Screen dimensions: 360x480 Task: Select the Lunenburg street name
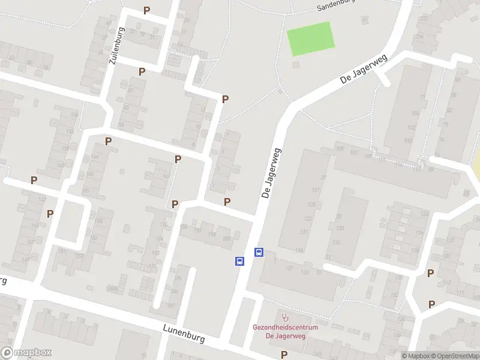[x=184, y=334]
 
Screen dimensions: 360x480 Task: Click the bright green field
[x=310, y=38]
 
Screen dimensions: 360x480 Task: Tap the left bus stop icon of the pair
[x=239, y=261]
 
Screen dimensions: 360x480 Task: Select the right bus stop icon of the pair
[x=259, y=252]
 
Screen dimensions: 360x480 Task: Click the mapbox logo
[x=26, y=353]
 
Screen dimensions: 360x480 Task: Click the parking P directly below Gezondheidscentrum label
[x=284, y=355]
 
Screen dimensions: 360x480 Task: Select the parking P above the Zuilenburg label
[x=146, y=10]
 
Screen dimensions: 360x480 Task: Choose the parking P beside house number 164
[x=108, y=141]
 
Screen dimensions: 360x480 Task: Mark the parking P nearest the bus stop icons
[x=227, y=202]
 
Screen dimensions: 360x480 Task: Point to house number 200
[x=226, y=238]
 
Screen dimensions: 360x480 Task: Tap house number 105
[x=340, y=148]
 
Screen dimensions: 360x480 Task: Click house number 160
[x=86, y=190]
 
